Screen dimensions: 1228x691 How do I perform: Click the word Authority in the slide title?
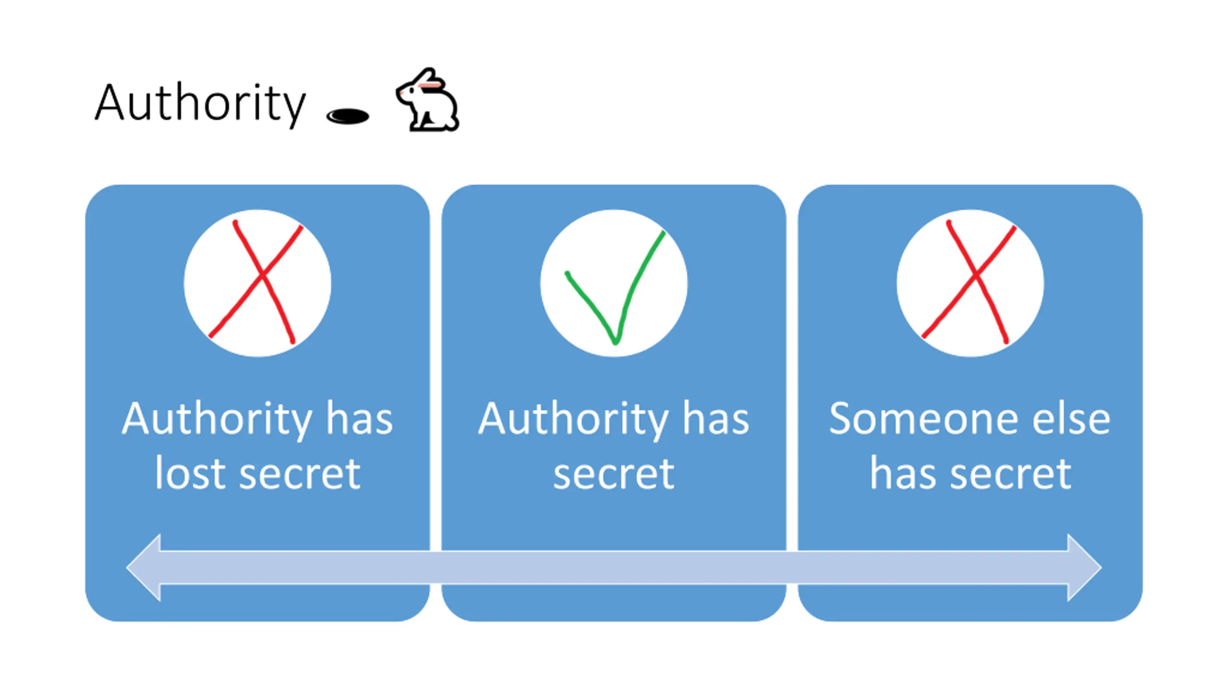pyautogui.click(x=200, y=103)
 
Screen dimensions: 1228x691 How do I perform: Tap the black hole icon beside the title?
pyautogui.click(x=348, y=116)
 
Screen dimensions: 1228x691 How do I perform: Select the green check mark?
pyautogui.click(x=615, y=288)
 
